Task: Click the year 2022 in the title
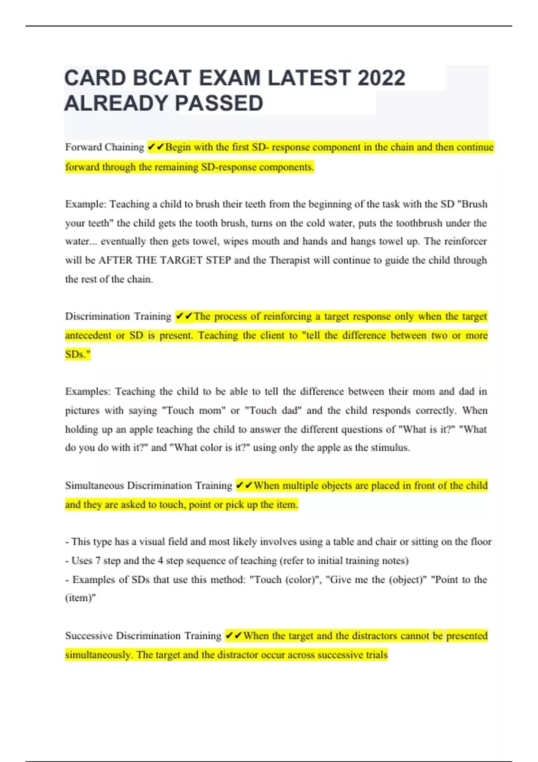(x=381, y=78)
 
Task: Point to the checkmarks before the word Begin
(x=156, y=147)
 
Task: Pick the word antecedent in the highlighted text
(x=88, y=335)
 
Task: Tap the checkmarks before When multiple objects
(x=244, y=485)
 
